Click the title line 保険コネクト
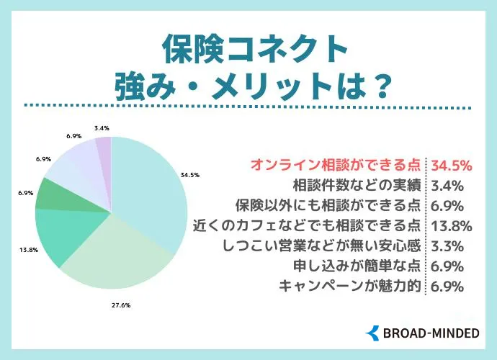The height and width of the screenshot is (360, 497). point(248,50)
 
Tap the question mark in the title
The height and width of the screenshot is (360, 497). point(381,88)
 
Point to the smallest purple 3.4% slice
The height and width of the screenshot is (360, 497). point(104,146)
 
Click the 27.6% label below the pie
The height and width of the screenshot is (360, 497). point(120,305)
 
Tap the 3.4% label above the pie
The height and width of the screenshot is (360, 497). point(102,128)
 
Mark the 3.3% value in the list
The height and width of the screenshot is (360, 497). point(446,246)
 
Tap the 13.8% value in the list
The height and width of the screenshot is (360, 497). point(450,225)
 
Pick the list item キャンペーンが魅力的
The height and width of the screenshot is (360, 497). point(351,286)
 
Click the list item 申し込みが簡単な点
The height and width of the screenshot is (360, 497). point(358,266)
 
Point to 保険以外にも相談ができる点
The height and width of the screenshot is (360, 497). point(331,205)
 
